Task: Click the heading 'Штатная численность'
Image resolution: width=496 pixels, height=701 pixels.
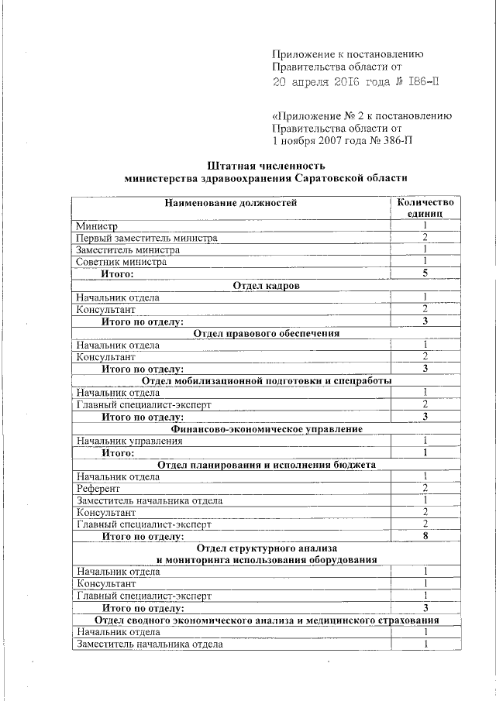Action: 266,166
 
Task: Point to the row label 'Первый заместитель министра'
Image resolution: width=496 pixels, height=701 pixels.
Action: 146,238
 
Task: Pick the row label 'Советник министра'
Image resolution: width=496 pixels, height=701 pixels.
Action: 121,262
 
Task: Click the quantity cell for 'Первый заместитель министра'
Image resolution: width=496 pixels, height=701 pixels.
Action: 425,238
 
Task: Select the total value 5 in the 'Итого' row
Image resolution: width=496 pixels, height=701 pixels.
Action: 425,274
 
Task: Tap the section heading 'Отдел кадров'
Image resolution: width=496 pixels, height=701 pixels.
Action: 266,286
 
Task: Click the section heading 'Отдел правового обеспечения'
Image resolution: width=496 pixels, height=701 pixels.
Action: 266,333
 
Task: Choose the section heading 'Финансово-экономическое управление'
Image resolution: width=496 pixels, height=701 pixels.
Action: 266,428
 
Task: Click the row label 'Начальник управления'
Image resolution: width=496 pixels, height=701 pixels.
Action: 129,441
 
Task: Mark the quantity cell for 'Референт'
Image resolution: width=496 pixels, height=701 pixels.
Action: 425,489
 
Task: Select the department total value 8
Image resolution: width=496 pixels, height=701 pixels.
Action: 425,536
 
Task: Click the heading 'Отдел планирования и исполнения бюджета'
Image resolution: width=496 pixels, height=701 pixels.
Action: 266,465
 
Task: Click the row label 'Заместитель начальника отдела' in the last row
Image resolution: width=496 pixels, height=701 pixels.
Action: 149,644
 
